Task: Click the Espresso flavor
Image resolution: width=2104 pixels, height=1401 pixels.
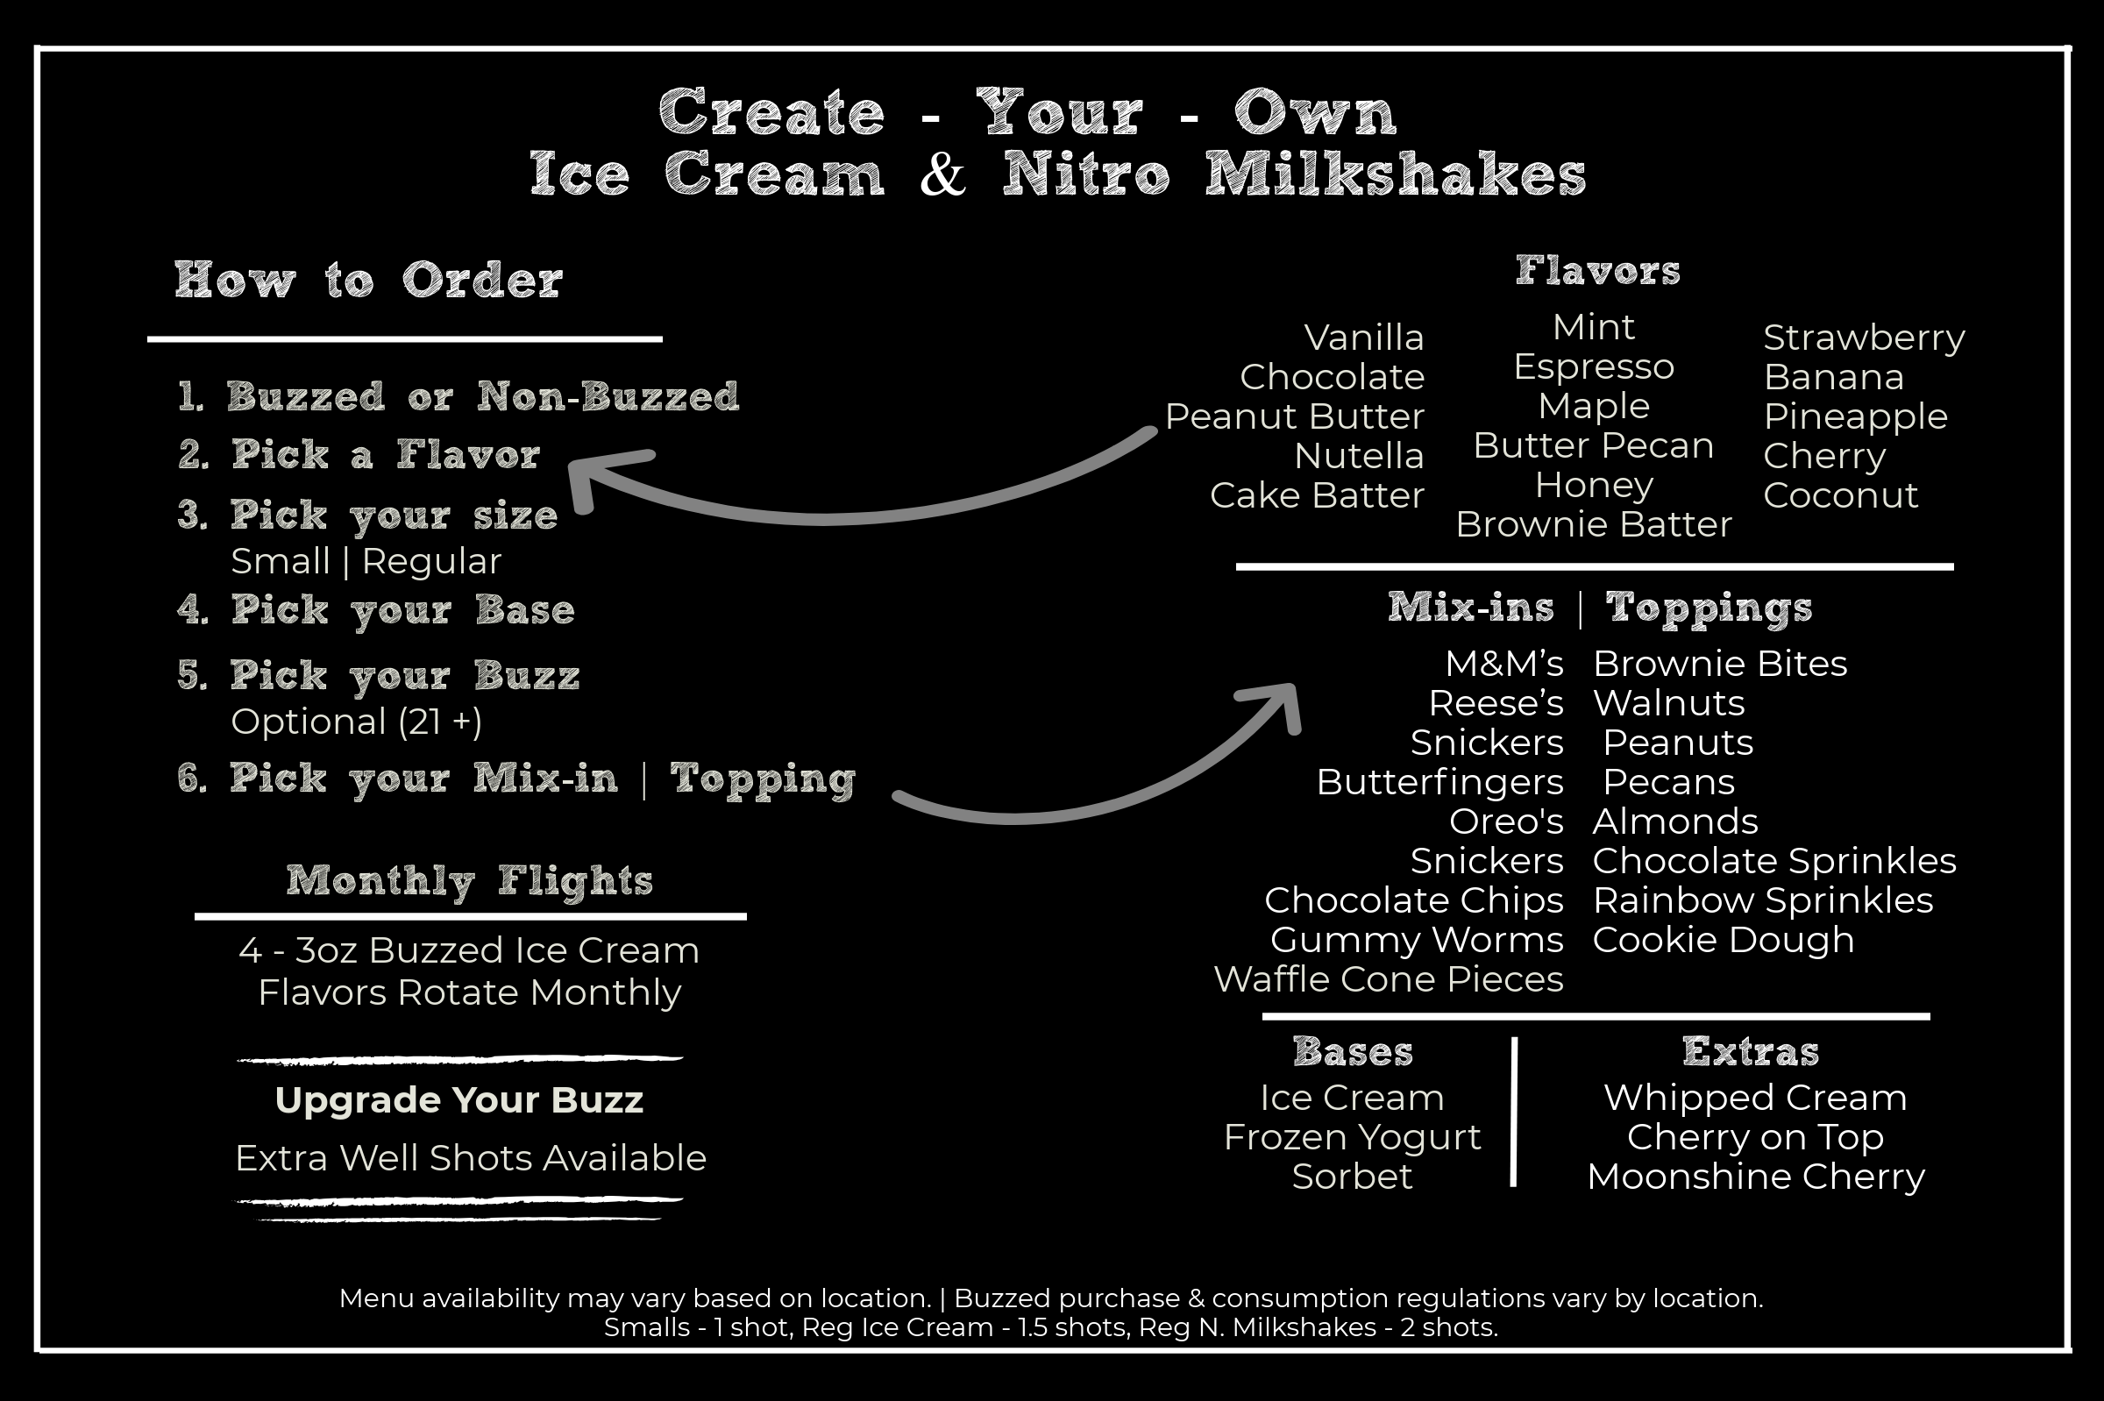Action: [x=1593, y=367]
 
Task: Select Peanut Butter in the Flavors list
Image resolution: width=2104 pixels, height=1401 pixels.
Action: [x=1294, y=417]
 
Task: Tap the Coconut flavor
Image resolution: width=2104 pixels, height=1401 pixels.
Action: [x=1839, y=496]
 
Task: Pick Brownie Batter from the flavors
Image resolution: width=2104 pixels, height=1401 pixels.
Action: [x=1593, y=525]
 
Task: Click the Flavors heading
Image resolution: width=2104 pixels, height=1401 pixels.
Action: [x=1597, y=271]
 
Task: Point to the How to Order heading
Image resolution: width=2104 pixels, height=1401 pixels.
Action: [x=368, y=281]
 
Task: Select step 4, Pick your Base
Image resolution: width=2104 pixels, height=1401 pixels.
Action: [x=376, y=610]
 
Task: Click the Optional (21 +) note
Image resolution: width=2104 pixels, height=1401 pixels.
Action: [x=356, y=722]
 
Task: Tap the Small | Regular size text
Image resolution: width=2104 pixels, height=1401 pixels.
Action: [x=366, y=562]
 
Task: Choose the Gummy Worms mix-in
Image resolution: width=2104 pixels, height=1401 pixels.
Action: [x=1416, y=940]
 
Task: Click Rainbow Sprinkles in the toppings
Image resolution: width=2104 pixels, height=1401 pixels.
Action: [x=1762, y=900]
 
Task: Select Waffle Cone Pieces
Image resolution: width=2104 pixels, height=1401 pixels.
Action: [x=1389, y=979]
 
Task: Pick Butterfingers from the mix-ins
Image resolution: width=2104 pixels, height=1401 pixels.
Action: [x=1439, y=783]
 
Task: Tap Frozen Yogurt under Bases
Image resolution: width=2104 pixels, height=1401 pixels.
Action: [x=1352, y=1137]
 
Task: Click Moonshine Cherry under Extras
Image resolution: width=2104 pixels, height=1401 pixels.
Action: [x=1756, y=1177]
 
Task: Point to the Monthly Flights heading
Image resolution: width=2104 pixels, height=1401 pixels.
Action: [x=470, y=881]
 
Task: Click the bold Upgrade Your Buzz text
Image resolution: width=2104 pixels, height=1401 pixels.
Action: [x=459, y=1101]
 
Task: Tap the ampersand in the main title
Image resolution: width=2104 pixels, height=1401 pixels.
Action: [x=942, y=174]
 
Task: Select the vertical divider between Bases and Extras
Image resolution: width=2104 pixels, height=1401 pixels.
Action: [x=1513, y=1113]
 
